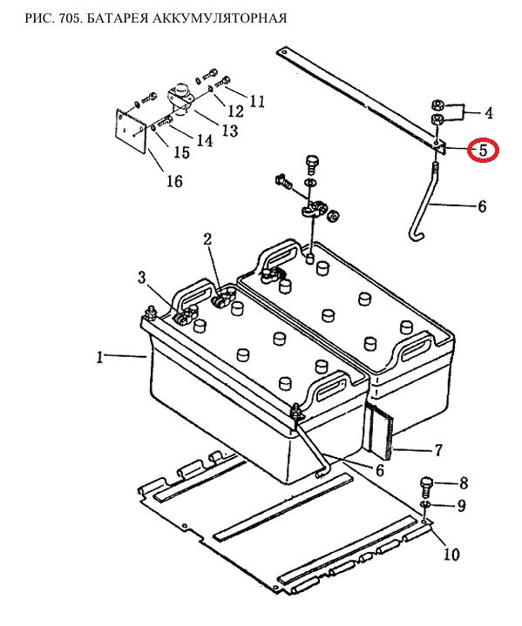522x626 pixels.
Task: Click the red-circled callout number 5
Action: tap(484, 151)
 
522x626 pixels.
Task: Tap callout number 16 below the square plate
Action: tap(174, 181)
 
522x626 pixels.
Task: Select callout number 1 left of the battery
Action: tap(100, 357)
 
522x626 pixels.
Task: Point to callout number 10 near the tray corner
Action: tap(451, 554)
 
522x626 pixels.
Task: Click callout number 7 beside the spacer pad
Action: tap(438, 450)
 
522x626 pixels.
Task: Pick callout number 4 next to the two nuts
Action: tap(488, 113)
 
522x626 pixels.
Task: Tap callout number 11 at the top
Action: tap(256, 101)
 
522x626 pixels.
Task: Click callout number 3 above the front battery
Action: tap(142, 277)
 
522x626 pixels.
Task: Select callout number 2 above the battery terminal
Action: tap(207, 239)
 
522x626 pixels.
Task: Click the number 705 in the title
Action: tap(70, 18)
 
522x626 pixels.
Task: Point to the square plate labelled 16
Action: tap(131, 131)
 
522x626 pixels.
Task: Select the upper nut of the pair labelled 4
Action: tap(437, 105)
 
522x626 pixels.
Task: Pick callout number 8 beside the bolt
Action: tap(464, 483)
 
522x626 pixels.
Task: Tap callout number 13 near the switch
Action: tap(230, 130)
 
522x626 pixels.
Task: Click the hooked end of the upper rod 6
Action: tap(415, 236)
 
